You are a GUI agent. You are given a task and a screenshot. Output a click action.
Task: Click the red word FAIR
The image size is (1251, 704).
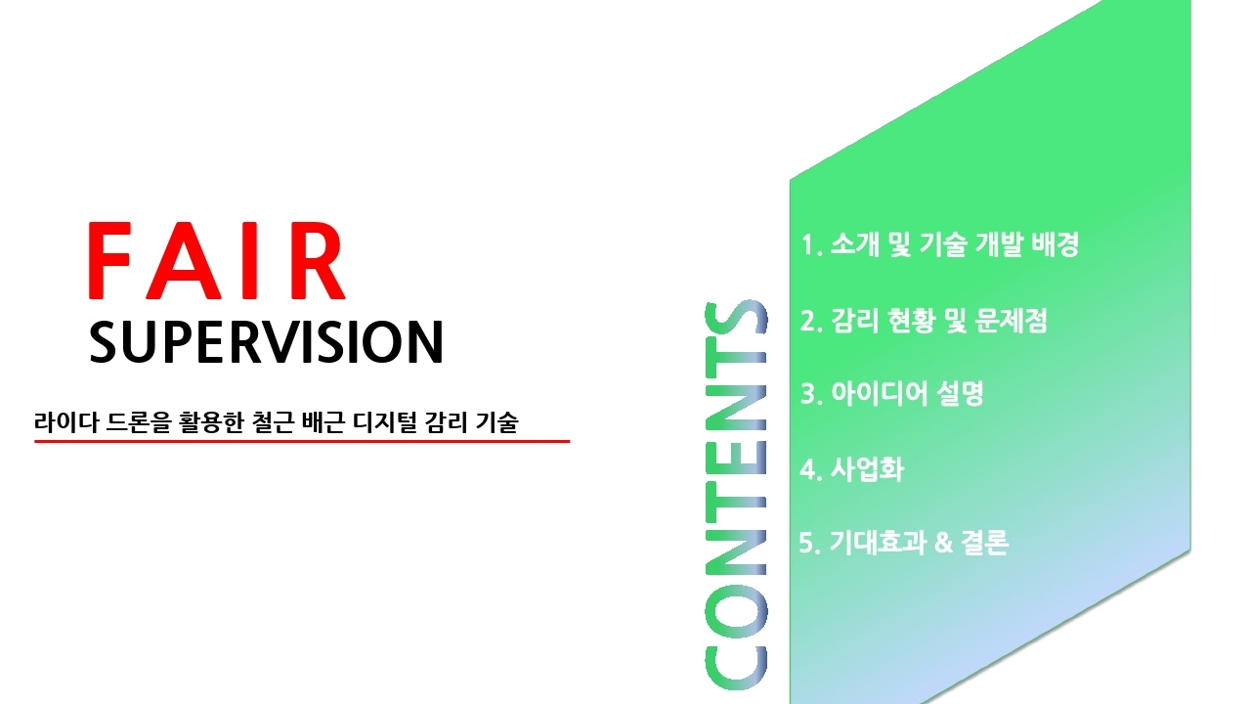(x=217, y=261)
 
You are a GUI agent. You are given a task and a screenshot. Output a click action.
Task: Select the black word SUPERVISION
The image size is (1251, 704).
(x=266, y=342)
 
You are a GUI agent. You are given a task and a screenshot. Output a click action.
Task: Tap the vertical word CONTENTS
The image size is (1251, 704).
(x=736, y=495)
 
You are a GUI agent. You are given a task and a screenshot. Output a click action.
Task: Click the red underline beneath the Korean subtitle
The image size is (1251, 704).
(x=302, y=441)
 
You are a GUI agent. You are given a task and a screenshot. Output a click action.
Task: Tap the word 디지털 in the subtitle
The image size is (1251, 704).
(x=384, y=422)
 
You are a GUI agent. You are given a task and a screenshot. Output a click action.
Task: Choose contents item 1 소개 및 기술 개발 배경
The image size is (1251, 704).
(x=940, y=244)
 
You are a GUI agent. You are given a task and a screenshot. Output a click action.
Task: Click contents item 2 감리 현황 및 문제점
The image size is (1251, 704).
(x=924, y=322)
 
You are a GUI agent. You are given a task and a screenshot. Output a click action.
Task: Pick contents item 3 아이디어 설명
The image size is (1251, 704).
(x=892, y=393)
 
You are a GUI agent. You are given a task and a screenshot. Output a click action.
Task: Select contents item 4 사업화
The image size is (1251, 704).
(x=851, y=469)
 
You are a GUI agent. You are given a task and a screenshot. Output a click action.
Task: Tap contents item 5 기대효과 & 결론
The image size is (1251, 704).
(x=904, y=542)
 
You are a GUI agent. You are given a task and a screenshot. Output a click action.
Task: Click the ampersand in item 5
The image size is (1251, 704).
(x=943, y=543)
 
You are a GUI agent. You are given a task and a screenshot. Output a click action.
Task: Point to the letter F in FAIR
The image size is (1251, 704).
(x=109, y=261)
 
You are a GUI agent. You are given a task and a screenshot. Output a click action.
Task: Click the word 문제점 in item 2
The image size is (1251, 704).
(x=1012, y=322)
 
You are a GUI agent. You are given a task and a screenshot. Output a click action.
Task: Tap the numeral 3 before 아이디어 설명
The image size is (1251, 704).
(x=807, y=394)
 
